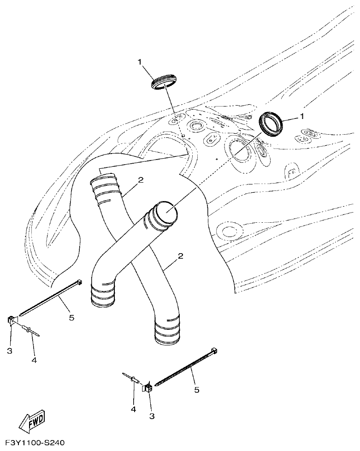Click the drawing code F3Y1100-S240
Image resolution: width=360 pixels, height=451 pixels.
click(x=33, y=443)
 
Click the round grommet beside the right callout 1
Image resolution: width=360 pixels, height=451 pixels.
click(x=272, y=123)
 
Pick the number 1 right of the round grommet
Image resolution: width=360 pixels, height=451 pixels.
click(x=302, y=117)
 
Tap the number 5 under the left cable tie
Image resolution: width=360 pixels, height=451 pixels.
click(x=71, y=318)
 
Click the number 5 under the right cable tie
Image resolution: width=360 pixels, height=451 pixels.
click(x=197, y=390)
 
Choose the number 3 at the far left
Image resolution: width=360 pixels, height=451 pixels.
click(x=10, y=350)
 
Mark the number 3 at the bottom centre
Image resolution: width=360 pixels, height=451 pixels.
click(x=151, y=416)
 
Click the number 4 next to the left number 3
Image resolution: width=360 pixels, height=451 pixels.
click(x=34, y=359)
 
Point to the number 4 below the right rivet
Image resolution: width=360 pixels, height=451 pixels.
click(x=133, y=409)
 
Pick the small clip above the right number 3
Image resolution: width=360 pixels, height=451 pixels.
click(x=148, y=388)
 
